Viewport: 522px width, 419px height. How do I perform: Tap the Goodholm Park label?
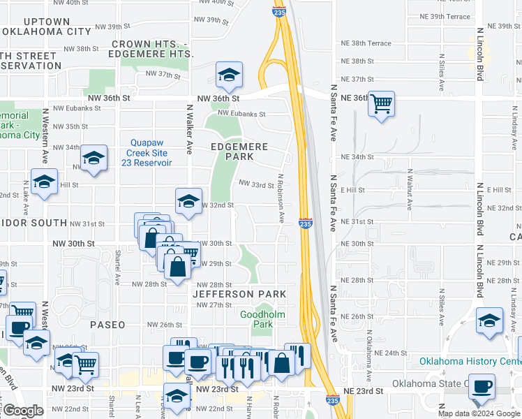tap(256, 319)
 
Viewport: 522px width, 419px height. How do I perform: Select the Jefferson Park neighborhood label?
tap(239, 295)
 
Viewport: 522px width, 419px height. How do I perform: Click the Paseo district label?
tap(107, 325)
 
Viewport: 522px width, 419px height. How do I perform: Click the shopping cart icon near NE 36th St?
tap(381, 104)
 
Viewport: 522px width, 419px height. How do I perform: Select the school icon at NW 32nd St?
tap(188, 201)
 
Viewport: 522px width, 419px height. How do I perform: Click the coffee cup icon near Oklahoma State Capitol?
tap(481, 386)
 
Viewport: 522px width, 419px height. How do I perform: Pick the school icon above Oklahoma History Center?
tap(489, 321)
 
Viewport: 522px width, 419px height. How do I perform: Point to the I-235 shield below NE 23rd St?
tap(333, 399)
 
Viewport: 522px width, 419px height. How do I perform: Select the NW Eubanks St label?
tap(239, 114)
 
